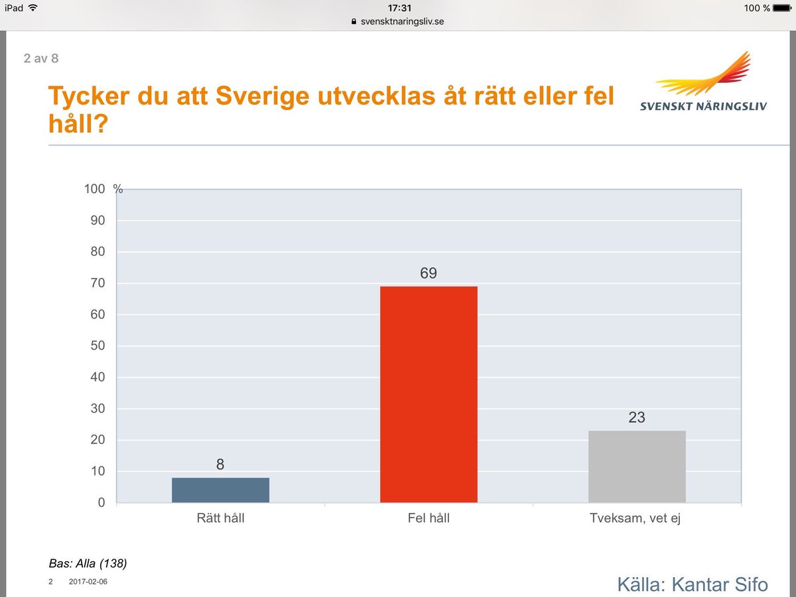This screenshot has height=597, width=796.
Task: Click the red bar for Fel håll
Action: (x=429, y=394)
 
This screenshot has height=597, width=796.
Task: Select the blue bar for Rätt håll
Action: (x=220, y=490)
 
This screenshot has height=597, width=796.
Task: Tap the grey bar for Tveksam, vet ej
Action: (x=637, y=466)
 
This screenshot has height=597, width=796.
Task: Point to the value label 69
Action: (x=429, y=273)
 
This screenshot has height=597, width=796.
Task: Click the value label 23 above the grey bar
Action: (x=637, y=418)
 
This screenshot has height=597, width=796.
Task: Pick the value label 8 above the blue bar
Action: (x=220, y=465)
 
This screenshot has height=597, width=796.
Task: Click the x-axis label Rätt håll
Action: (x=220, y=518)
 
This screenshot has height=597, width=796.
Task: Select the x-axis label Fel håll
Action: (x=429, y=518)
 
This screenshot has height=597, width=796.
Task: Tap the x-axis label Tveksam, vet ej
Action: (x=636, y=518)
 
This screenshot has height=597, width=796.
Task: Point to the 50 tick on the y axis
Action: (x=98, y=346)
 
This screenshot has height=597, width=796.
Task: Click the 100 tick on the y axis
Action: (x=95, y=189)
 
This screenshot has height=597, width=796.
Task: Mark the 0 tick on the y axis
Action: (x=101, y=503)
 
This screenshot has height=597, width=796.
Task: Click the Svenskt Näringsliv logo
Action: (x=703, y=83)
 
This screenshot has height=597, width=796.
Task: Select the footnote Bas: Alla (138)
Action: (x=88, y=564)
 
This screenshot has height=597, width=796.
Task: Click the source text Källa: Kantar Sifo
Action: (x=692, y=584)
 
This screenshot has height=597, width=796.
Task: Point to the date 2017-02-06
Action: (x=88, y=582)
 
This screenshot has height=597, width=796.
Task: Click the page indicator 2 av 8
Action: (x=41, y=58)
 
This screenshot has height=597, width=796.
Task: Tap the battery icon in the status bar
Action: (x=782, y=8)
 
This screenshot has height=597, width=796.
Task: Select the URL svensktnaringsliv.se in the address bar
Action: (x=402, y=21)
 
